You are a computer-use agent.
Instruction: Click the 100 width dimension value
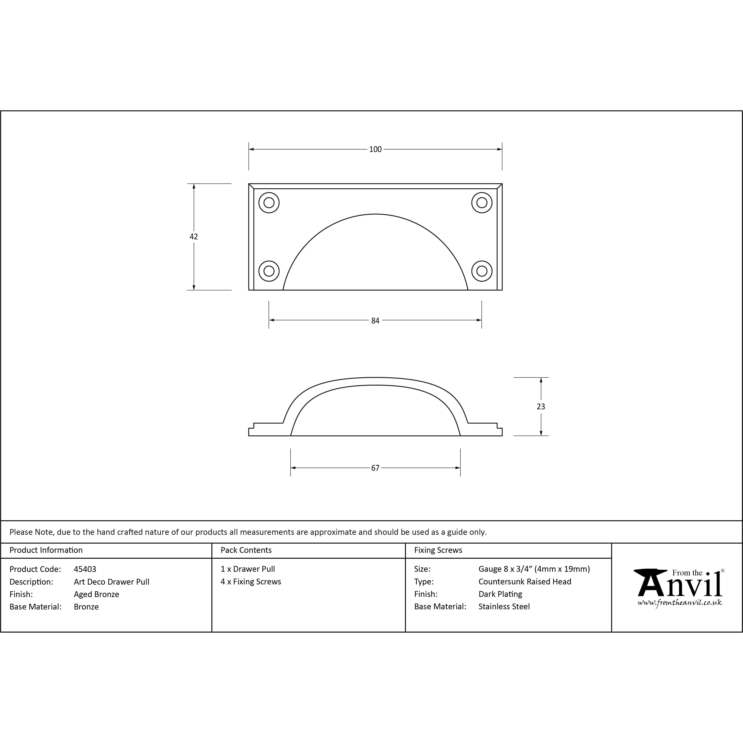point(375,149)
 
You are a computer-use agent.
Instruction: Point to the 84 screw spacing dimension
point(375,320)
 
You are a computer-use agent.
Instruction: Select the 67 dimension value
point(375,468)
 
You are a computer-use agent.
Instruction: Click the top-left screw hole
point(269,202)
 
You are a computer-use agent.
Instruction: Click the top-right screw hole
point(482,202)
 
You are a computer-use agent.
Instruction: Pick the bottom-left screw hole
point(269,271)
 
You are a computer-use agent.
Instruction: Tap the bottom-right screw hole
point(482,271)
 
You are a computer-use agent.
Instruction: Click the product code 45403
point(85,569)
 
